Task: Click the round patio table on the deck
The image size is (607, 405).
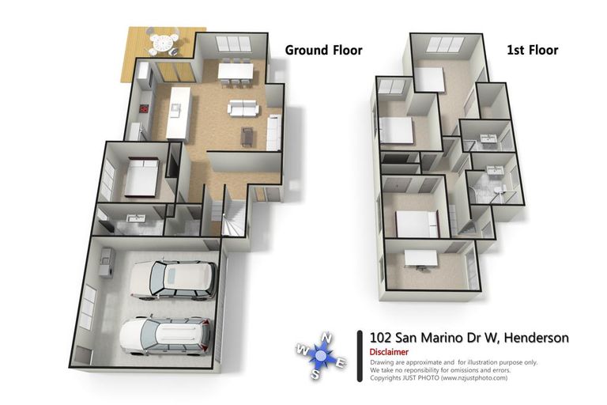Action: [x=163, y=42]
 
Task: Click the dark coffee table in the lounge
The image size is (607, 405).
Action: [x=247, y=136]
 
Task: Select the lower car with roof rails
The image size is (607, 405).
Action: [x=166, y=334]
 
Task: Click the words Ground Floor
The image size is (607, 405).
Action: [x=323, y=51]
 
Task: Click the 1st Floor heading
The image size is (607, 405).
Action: [x=532, y=51]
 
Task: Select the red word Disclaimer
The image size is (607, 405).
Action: [x=389, y=352]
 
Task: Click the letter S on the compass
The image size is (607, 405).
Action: [x=315, y=374]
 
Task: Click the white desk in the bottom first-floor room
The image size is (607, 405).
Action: [x=420, y=258]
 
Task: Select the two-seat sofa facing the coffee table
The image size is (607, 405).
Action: [x=242, y=108]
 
